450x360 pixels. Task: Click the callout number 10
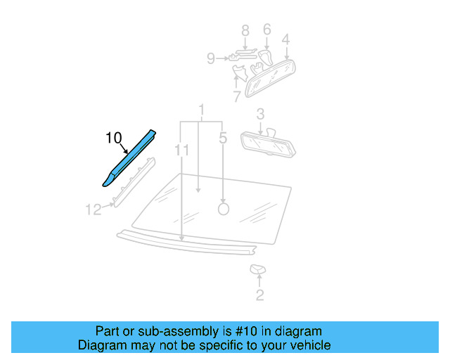pyautogui.click(x=114, y=139)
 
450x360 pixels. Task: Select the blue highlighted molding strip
pyautogui.click(x=129, y=157)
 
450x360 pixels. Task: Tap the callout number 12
pyautogui.click(x=94, y=209)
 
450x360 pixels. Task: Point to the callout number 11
pyautogui.click(x=183, y=150)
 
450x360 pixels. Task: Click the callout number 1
pyautogui.click(x=201, y=110)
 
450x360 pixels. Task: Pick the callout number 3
pyautogui.click(x=259, y=113)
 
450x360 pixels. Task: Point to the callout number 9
pyautogui.click(x=211, y=59)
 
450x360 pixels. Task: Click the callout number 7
pyautogui.click(x=236, y=95)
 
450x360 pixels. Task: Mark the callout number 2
pyautogui.click(x=259, y=295)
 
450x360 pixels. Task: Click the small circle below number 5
pyautogui.click(x=224, y=208)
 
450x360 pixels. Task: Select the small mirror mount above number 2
pyautogui.click(x=257, y=269)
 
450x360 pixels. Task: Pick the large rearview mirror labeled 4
pyautogui.click(x=274, y=74)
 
